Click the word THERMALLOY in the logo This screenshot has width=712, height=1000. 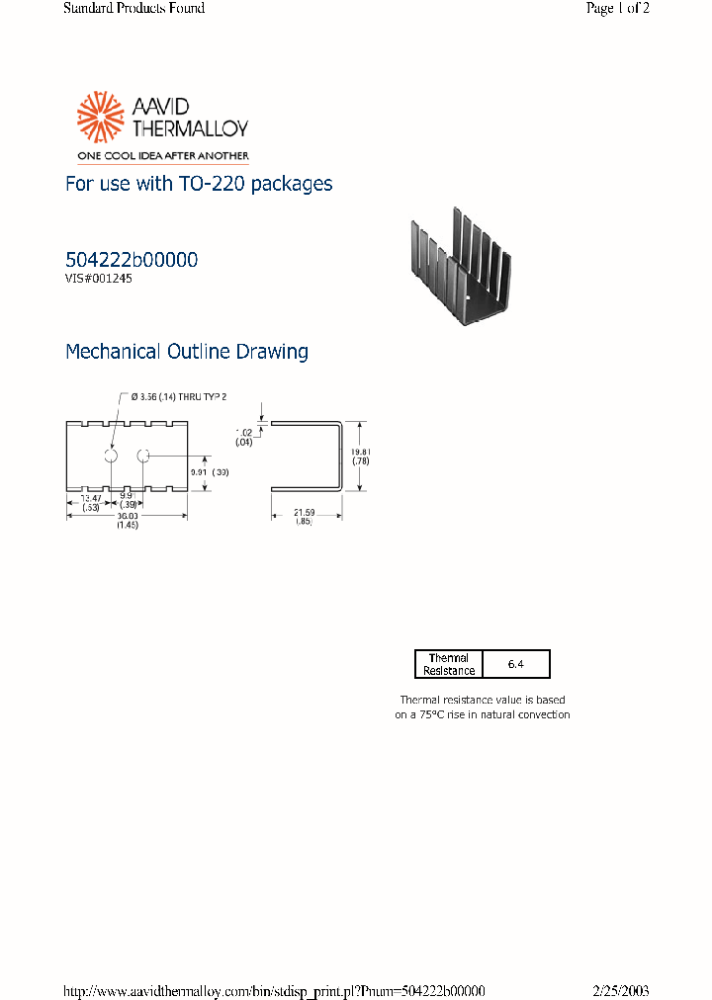pos(185,128)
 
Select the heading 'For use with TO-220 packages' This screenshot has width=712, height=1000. pos(198,184)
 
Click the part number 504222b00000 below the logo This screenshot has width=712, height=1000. pos(132,260)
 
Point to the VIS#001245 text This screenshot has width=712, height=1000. pos(99,279)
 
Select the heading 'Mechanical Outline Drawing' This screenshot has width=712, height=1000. pos(187,352)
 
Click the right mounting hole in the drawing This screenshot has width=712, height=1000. pos(142,456)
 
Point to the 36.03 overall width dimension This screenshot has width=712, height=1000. pos(127,516)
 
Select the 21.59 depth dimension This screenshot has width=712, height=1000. pos(304,512)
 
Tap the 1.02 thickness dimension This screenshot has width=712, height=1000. pos(244,432)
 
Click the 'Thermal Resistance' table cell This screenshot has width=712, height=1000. pos(448,664)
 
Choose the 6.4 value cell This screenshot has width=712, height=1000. pos(515,664)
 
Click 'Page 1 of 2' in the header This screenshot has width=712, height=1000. pos(617,9)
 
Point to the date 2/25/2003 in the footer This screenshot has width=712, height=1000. pos(621,990)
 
